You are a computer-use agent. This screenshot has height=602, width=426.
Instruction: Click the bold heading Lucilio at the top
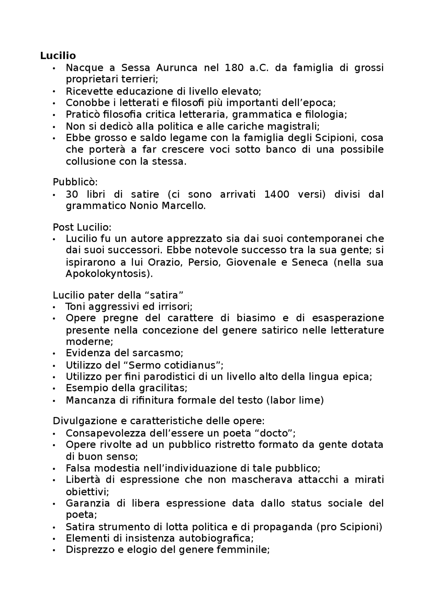click(x=58, y=56)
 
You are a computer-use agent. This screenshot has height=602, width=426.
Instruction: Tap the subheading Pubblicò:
click(x=75, y=182)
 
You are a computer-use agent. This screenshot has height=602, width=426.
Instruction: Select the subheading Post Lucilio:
click(x=82, y=227)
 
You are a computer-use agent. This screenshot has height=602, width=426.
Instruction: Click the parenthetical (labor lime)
click(x=295, y=400)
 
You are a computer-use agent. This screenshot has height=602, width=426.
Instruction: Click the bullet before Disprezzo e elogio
click(x=54, y=550)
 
